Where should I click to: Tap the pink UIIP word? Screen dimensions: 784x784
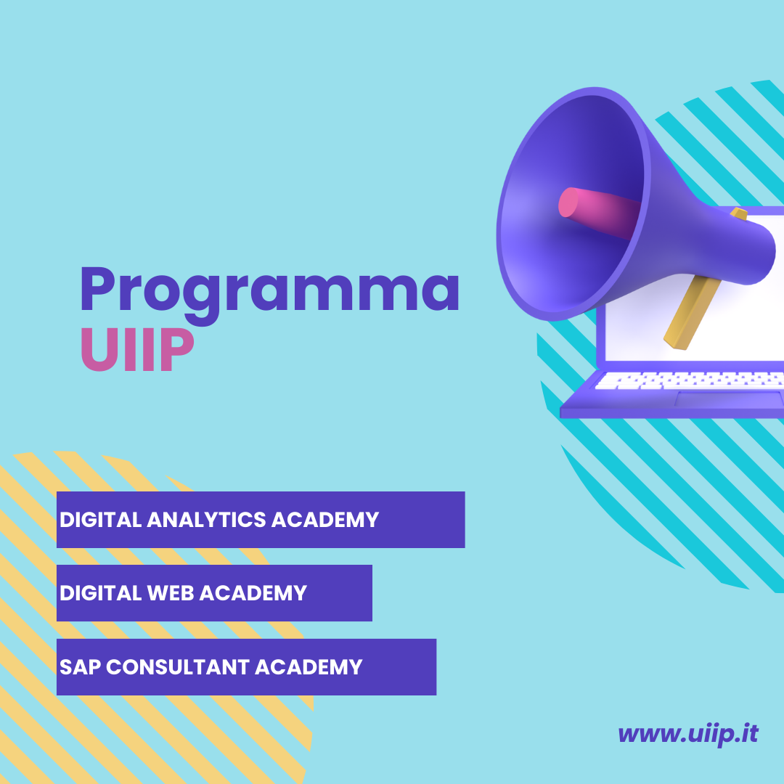pyautogui.click(x=137, y=349)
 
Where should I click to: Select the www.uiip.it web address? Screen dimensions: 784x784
pyautogui.click(x=688, y=734)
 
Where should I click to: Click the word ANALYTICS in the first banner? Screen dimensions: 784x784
pyautogui.click(x=206, y=520)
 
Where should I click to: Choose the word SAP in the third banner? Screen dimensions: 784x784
pyautogui.click(x=80, y=667)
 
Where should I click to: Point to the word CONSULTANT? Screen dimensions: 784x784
pyautogui.click(x=178, y=667)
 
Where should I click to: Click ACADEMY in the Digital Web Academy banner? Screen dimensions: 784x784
pyautogui.click(x=253, y=593)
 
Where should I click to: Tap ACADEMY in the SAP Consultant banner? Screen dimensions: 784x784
pyautogui.click(x=309, y=667)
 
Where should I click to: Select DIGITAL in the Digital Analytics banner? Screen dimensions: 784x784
pyautogui.click(x=100, y=520)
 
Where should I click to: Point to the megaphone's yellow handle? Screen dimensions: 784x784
pyautogui.click(x=692, y=312)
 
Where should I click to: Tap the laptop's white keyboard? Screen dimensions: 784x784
pyautogui.click(x=690, y=380)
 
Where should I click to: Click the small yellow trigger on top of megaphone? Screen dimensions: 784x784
pyautogui.click(x=739, y=213)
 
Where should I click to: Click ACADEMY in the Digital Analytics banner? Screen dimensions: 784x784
pyautogui.click(x=325, y=520)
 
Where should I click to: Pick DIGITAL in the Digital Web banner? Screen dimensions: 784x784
pyautogui.click(x=100, y=593)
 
